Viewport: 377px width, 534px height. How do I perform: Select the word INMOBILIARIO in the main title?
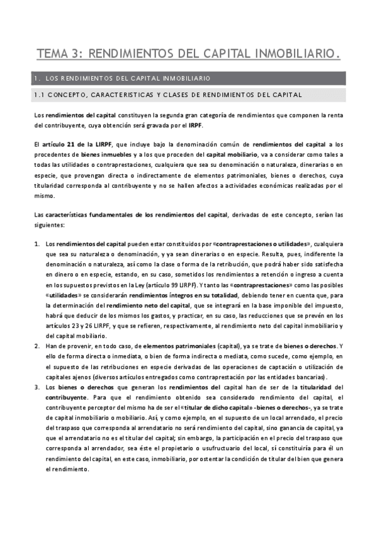pyautogui.click(x=297, y=55)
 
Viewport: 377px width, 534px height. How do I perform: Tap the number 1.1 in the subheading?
pyautogui.click(x=40, y=95)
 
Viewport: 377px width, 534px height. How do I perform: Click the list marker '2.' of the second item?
pyautogui.click(x=38, y=346)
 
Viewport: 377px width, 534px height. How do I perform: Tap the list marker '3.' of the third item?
pyautogui.click(x=38, y=386)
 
